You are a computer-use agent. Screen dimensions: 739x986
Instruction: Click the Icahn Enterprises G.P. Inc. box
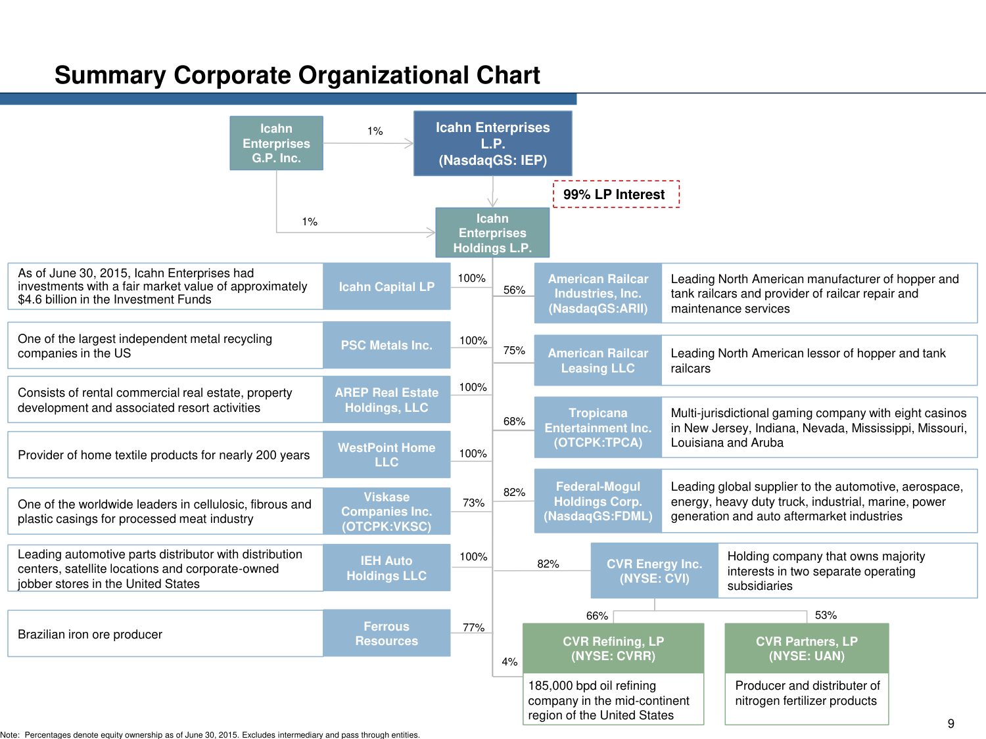276,143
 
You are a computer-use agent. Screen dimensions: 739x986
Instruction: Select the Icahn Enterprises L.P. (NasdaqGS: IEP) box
492,143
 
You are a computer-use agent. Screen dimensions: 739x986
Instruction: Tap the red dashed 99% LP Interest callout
615,194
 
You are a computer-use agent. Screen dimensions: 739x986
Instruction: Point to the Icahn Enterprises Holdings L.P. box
492,233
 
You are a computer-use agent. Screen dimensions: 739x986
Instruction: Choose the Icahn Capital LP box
387,286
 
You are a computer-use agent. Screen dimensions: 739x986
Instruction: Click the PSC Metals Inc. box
387,345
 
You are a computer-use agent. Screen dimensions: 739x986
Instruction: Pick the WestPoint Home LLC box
387,455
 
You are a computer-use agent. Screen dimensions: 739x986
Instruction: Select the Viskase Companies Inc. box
387,511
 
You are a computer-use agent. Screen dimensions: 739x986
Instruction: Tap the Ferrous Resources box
387,633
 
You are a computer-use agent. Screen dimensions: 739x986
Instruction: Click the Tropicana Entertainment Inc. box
598,428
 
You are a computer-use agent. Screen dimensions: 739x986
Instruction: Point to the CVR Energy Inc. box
654,571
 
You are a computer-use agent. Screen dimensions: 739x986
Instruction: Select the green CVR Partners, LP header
807,648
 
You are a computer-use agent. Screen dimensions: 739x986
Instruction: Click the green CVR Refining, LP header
613,648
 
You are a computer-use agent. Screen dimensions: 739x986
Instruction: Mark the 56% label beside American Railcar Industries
514,290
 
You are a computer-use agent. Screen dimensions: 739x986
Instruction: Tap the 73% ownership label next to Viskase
473,503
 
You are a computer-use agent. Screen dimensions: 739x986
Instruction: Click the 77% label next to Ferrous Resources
473,627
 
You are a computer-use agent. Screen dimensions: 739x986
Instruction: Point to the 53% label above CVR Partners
826,615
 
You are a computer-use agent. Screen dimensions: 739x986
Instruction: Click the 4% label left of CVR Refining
509,661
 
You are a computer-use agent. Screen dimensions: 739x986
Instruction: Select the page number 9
951,724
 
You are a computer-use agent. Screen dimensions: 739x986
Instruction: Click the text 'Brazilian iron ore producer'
90,634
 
